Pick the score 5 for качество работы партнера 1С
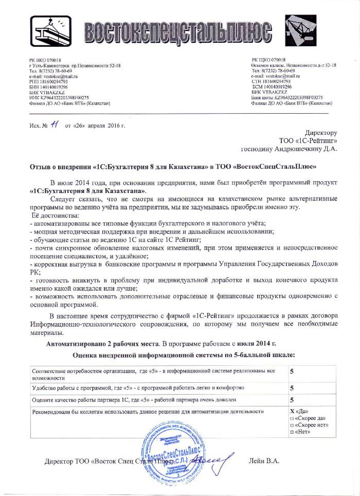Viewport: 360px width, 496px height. tap(292, 400)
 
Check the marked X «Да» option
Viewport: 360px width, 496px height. tap(300, 412)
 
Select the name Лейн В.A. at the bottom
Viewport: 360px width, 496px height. tap(264, 460)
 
